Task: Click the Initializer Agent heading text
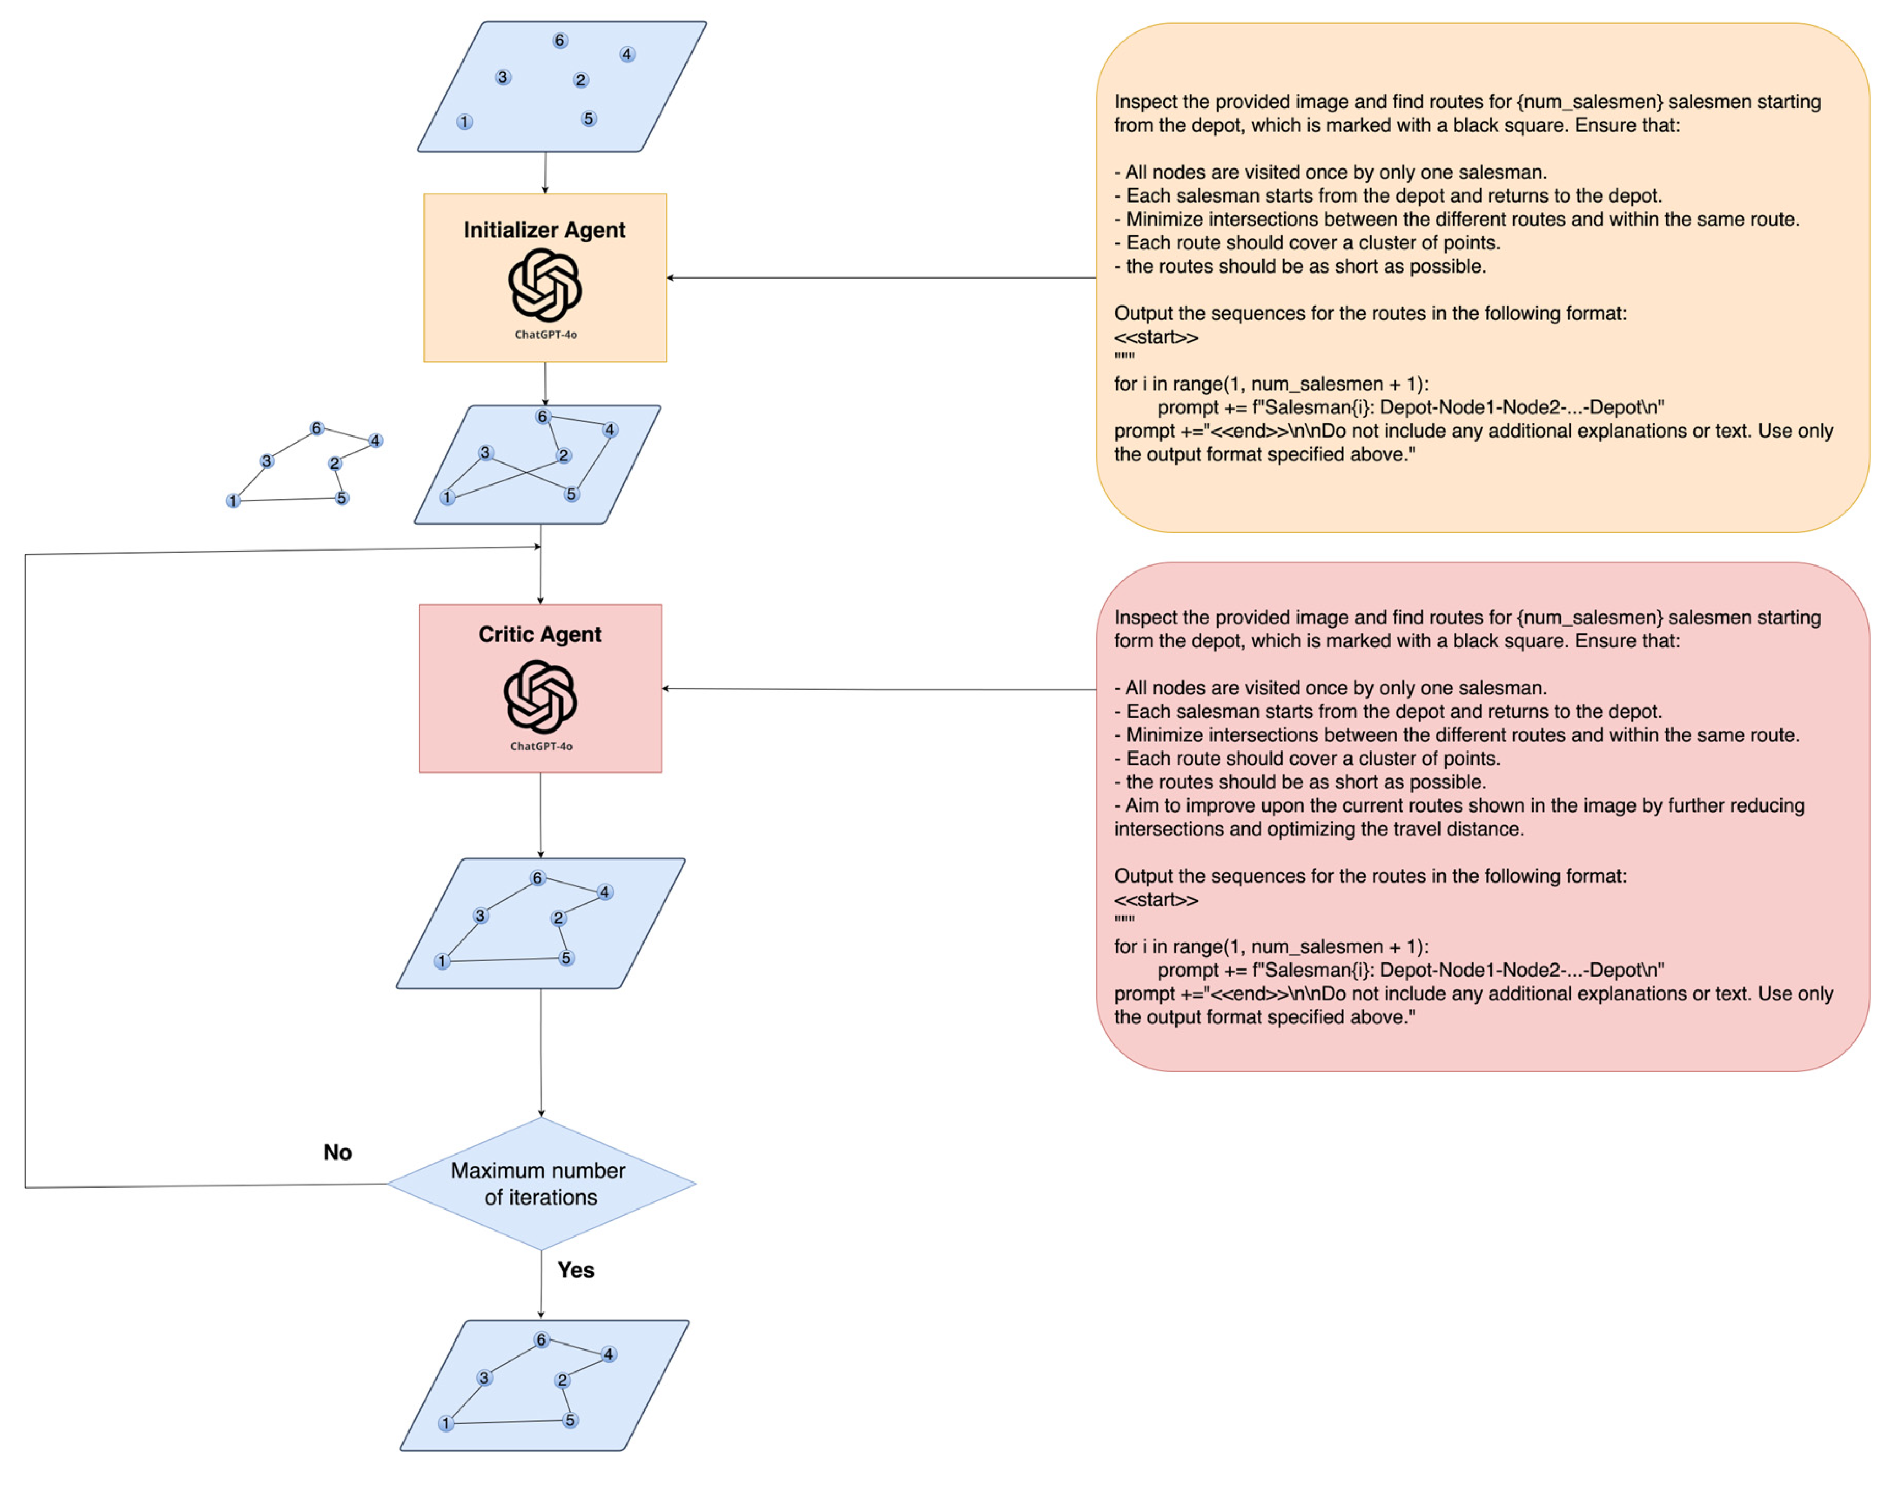tap(544, 230)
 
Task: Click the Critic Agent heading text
tap(540, 634)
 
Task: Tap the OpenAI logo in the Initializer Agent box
tap(545, 285)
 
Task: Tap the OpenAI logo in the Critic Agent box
tap(540, 696)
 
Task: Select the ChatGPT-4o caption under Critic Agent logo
tap(541, 746)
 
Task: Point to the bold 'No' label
tap(337, 1152)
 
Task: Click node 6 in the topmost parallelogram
tap(560, 40)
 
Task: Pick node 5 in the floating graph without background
tap(341, 498)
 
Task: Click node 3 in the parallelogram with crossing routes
tap(486, 453)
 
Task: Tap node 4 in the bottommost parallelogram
tap(609, 1354)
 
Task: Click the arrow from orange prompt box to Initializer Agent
tap(874, 278)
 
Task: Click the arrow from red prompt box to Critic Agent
tap(874, 689)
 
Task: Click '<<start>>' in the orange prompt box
tap(1156, 337)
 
